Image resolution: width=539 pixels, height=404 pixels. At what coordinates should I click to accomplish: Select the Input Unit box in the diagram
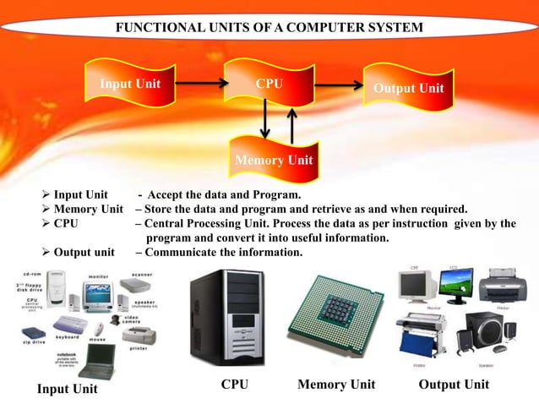coord(130,85)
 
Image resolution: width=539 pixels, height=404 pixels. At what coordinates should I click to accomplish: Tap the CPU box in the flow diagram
coord(269,85)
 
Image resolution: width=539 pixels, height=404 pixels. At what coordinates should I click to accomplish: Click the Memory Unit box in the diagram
coord(274,160)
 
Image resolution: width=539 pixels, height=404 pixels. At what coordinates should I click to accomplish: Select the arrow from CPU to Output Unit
coord(337,85)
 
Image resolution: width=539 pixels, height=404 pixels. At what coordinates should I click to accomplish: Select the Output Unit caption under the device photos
coord(454,385)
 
